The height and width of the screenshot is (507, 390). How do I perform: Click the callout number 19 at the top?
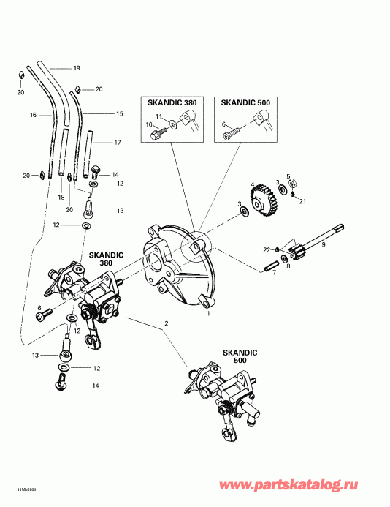tap(77, 68)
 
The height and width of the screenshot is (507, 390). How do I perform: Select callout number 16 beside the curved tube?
tap(33, 116)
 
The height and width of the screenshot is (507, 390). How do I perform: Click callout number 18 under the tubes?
tap(61, 198)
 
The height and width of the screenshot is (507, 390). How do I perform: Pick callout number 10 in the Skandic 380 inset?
tap(149, 125)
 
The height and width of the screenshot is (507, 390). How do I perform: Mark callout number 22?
tap(267, 250)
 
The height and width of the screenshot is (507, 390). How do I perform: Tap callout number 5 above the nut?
tap(289, 176)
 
